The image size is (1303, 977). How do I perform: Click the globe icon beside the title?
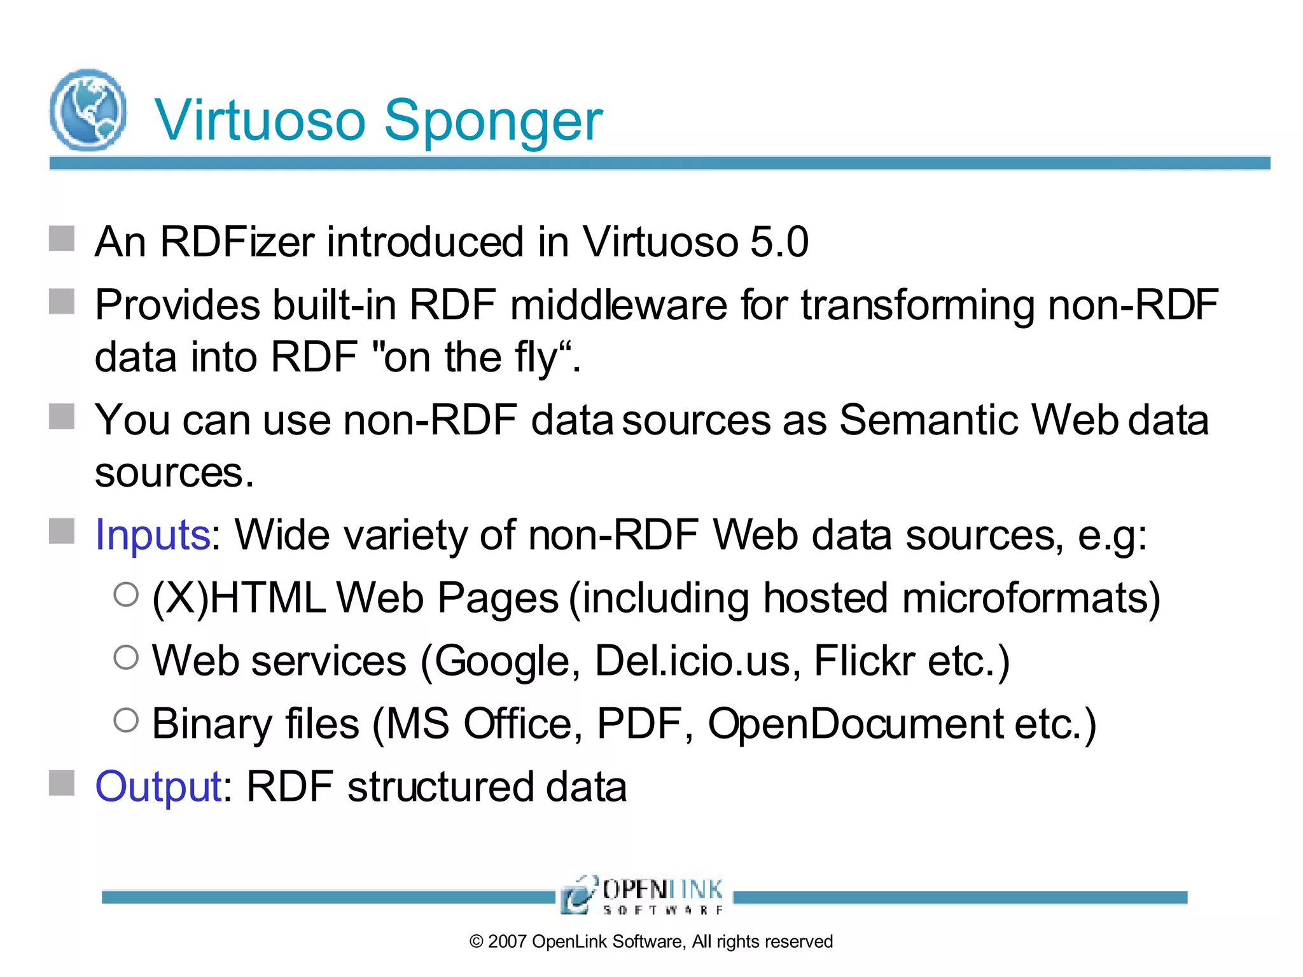(88, 109)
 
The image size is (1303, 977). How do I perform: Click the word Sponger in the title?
(493, 121)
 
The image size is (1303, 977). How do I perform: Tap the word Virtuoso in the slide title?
(260, 121)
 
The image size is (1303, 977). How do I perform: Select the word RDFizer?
(237, 242)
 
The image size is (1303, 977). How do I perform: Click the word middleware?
(618, 305)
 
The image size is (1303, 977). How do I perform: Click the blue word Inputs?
(152, 535)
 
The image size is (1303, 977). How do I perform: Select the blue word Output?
(158, 787)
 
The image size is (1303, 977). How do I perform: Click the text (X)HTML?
(239, 599)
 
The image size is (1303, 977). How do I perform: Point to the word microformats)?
(1031, 599)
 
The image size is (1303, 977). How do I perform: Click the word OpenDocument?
(855, 724)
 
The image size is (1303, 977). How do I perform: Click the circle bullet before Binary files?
(126, 720)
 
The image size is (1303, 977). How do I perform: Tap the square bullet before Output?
(62, 783)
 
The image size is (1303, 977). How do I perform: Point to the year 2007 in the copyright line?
(508, 941)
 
